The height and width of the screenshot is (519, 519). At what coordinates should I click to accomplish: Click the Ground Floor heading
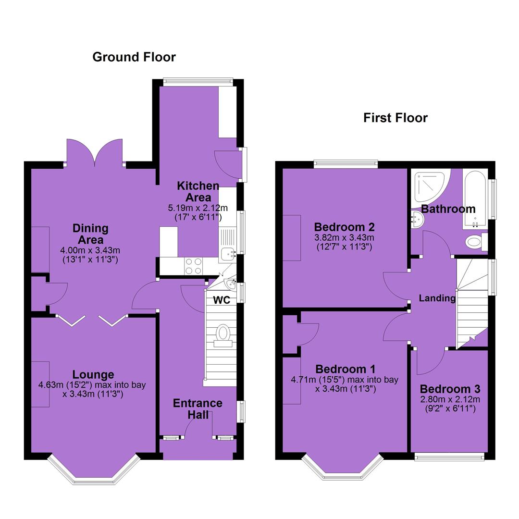pyautogui.click(x=134, y=57)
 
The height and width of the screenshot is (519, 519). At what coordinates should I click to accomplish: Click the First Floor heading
pyautogui.click(x=395, y=118)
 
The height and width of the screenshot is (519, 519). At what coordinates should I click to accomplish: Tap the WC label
pyautogui.click(x=222, y=300)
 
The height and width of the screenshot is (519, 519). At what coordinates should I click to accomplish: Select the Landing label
pyautogui.click(x=437, y=298)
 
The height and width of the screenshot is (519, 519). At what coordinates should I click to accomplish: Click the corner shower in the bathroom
pyautogui.click(x=429, y=186)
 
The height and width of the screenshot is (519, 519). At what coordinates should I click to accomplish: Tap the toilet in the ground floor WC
pyautogui.click(x=223, y=335)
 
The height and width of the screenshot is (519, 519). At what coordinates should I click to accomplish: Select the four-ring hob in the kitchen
pyautogui.click(x=194, y=266)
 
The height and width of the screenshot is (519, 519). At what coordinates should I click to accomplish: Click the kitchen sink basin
pyautogui.click(x=228, y=254)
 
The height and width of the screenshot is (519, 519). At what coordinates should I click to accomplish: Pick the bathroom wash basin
pyautogui.click(x=417, y=219)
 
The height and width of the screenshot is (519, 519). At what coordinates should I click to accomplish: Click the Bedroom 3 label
pyautogui.click(x=450, y=389)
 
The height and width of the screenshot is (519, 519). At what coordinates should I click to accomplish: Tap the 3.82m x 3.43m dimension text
pyautogui.click(x=344, y=238)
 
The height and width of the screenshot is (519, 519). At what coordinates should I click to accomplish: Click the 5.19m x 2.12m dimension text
pyautogui.click(x=198, y=208)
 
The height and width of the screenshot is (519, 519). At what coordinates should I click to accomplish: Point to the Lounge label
pyautogui.click(x=93, y=375)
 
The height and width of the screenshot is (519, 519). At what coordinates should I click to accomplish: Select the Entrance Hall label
pyautogui.click(x=198, y=409)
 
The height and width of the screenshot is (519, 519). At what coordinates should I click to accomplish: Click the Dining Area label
pyautogui.click(x=90, y=234)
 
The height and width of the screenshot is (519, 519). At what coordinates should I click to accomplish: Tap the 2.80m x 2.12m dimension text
pyautogui.click(x=450, y=399)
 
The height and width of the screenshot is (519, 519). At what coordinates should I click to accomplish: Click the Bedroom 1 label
pyautogui.click(x=346, y=369)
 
